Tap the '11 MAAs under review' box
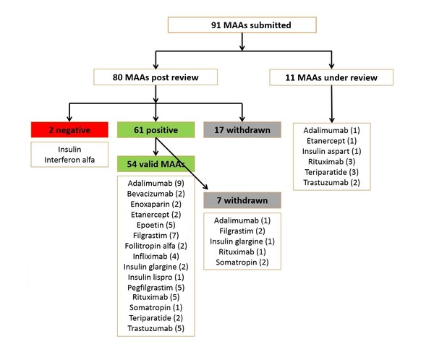[x=331, y=76]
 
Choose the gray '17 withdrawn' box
[x=234, y=130]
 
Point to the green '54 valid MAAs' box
[x=150, y=164]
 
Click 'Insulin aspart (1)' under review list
[x=331, y=153]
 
